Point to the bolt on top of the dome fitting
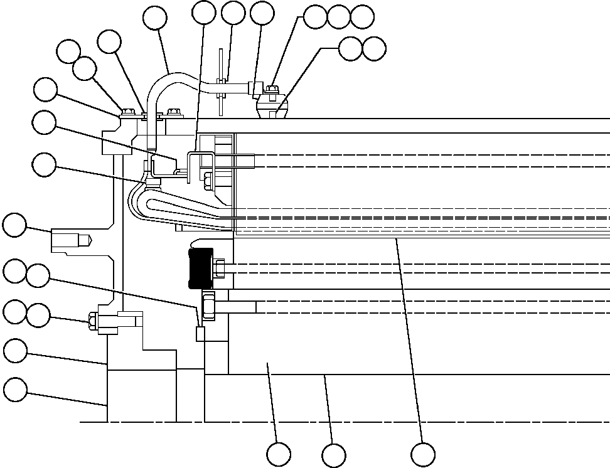point(272,90)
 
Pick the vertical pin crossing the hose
point(222,82)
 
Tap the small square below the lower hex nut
point(201,334)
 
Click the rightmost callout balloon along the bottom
point(423,454)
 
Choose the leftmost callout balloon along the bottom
point(279,454)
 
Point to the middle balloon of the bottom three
point(334,454)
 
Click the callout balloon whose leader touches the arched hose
point(155,18)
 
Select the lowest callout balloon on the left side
point(16,390)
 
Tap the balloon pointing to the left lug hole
point(16,225)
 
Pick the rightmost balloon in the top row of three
point(362,17)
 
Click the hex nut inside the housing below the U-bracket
point(208,183)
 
